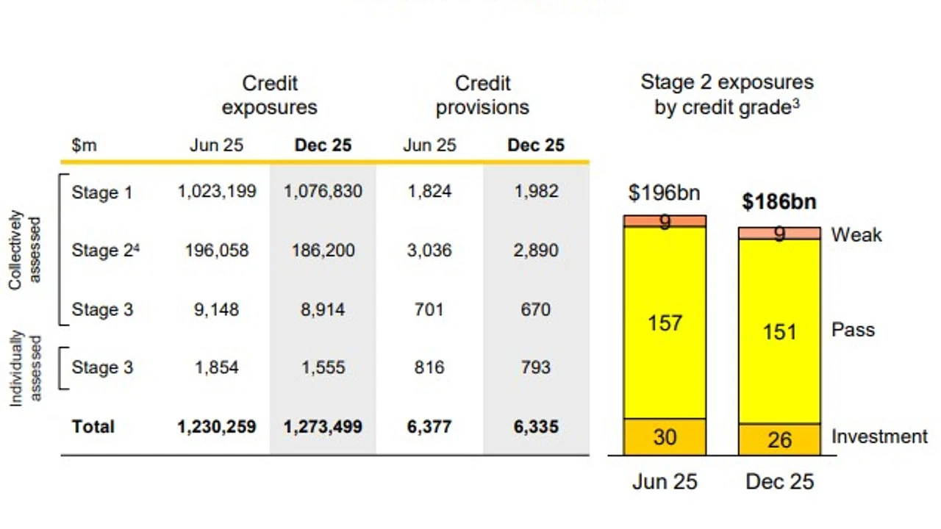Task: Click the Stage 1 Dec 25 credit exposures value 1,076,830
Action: [323, 192]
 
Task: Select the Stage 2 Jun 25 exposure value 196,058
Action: [217, 251]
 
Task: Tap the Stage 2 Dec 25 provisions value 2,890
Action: [536, 251]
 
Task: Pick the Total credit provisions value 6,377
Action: [429, 427]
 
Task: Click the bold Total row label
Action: [93, 427]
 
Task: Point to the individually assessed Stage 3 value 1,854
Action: [216, 368]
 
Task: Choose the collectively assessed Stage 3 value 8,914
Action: [323, 310]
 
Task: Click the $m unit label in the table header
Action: [84, 145]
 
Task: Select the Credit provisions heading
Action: [482, 96]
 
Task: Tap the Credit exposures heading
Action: [269, 96]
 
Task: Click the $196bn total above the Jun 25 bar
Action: [664, 193]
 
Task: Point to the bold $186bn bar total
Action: [779, 202]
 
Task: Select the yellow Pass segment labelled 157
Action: [665, 323]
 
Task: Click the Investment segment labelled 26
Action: [779, 439]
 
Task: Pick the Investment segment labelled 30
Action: [665, 437]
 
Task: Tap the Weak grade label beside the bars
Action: [856, 234]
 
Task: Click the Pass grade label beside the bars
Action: [854, 330]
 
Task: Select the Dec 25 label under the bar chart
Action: [779, 481]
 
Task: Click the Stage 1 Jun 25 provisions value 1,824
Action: [429, 192]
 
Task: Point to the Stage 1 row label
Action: [102, 192]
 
